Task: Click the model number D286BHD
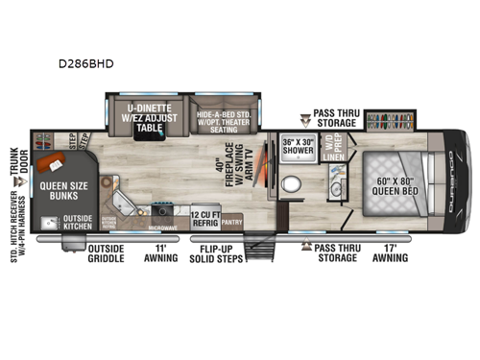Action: (91, 65)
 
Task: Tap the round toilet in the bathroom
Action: (298, 186)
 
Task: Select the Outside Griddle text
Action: (107, 253)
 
